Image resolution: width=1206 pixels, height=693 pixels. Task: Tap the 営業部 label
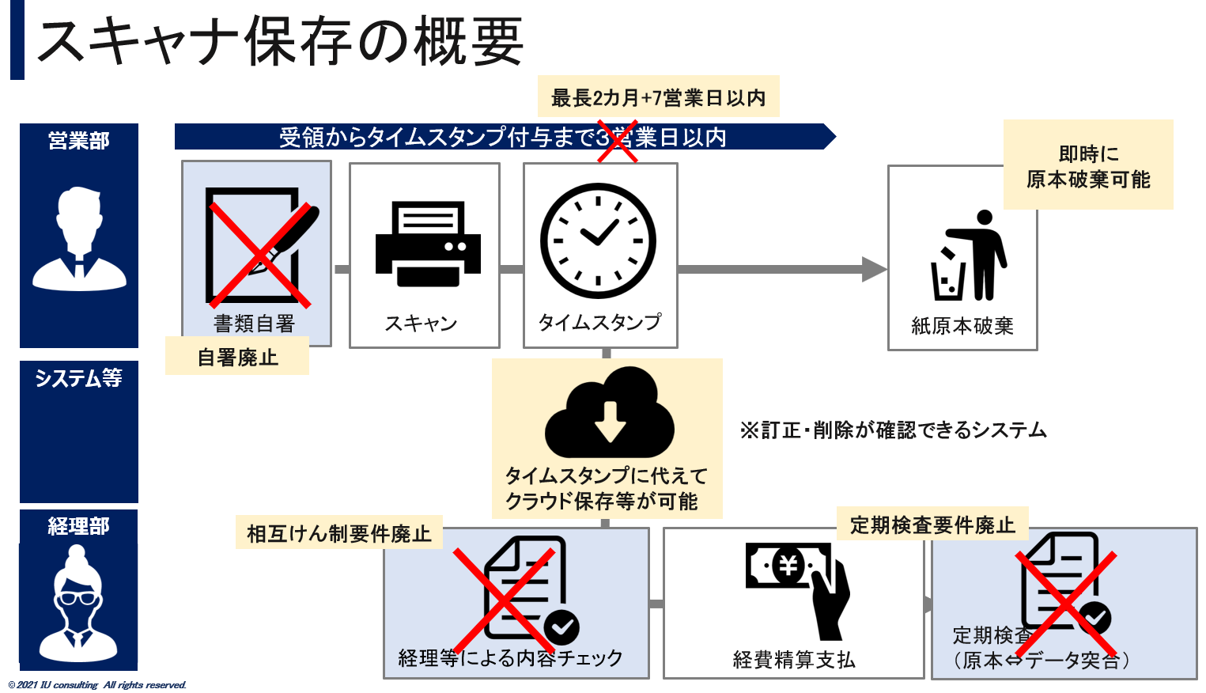(x=79, y=141)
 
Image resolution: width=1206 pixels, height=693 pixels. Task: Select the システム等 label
(x=79, y=378)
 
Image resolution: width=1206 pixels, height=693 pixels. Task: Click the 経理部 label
(x=79, y=526)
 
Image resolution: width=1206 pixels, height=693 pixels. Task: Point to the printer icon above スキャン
(x=428, y=244)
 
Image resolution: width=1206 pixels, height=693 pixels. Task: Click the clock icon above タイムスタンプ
(x=598, y=240)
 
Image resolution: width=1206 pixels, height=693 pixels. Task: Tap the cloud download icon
(x=609, y=414)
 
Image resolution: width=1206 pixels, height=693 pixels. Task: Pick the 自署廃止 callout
(x=237, y=358)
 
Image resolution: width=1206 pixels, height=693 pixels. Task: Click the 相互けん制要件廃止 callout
(x=338, y=534)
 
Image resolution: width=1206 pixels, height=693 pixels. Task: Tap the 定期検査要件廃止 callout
(x=932, y=525)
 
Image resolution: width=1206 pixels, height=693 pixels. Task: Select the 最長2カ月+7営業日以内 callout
(x=658, y=97)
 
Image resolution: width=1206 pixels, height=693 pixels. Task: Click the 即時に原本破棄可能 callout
(x=1087, y=166)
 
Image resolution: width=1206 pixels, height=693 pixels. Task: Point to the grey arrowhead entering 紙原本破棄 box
(x=874, y=269)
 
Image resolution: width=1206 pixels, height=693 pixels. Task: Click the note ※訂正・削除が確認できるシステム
(x=893, y=430)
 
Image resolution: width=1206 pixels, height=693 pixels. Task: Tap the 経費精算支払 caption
(x=794, y=659)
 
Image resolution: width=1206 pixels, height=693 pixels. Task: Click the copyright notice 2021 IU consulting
(x=98, y=685)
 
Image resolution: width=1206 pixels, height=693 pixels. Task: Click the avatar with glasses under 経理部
(x=78, y=605)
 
